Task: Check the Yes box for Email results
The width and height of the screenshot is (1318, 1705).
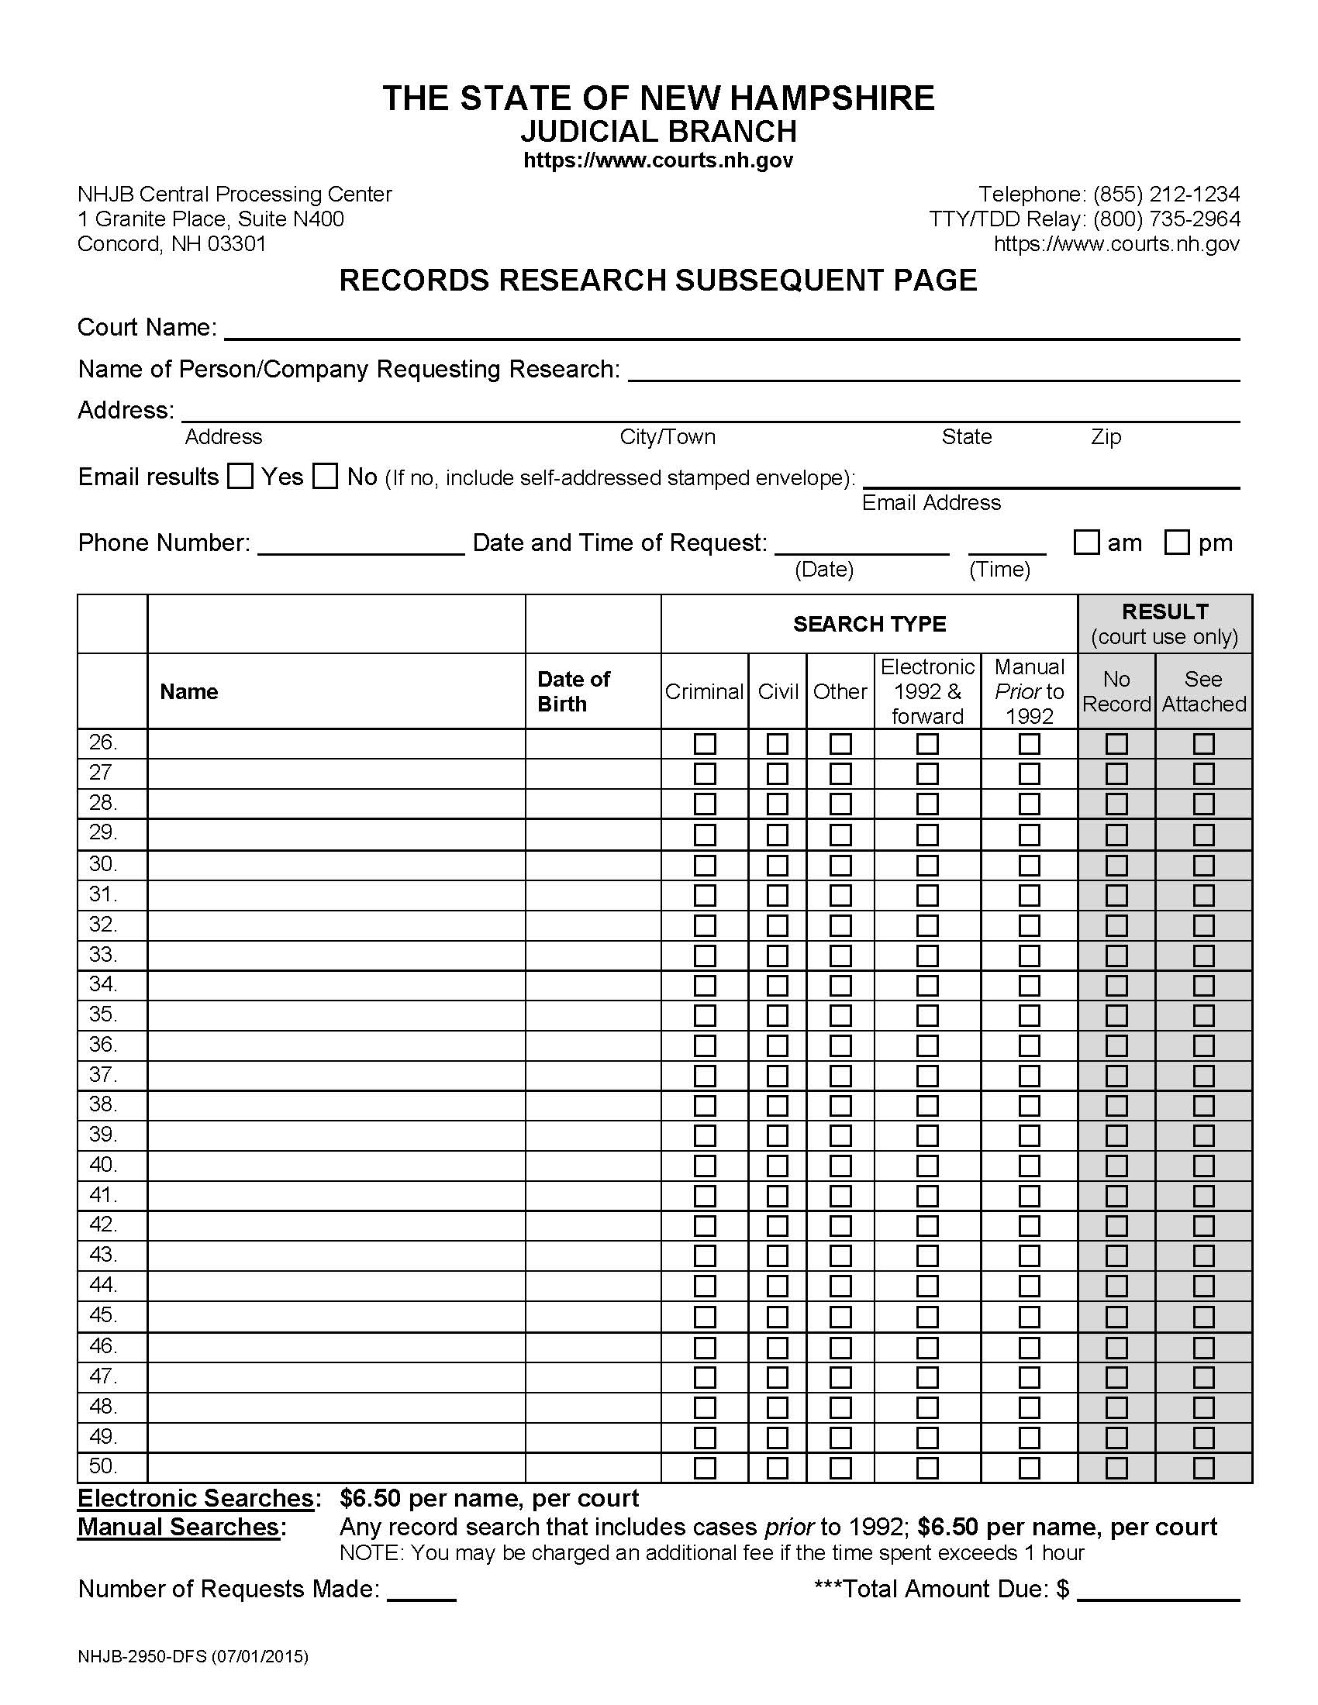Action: coord(240,476)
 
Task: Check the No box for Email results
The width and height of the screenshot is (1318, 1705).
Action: coord(325,476)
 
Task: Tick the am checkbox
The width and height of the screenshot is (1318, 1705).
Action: coord(1086,542)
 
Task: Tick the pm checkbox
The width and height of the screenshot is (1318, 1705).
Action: coord(1177,542)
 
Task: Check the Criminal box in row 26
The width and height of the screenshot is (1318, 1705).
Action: coord(704,743)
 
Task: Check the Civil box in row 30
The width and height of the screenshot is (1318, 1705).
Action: coord(777,865)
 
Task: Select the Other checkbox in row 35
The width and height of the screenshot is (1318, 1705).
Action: coord(840,1015)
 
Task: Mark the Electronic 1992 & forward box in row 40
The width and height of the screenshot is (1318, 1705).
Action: coord(926,1166)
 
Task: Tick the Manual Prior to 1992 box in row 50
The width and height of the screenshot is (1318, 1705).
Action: coord(1029,1468)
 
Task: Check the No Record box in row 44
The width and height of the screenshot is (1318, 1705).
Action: coord(1116,1286)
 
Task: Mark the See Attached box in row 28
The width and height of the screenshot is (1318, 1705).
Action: coord(1203,804)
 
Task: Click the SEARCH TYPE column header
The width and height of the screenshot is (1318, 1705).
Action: coord(869,624)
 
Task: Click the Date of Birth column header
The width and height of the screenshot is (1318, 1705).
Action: coord(574,691)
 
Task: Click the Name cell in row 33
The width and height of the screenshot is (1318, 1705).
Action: coord(336,955)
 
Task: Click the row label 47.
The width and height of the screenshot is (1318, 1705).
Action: coord(103,1376)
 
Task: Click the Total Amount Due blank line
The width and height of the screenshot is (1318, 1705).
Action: coord(1158,1590)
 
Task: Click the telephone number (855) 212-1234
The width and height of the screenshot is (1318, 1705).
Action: coord(1166,194)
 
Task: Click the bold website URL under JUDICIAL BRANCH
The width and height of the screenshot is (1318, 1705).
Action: coord(658,160)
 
